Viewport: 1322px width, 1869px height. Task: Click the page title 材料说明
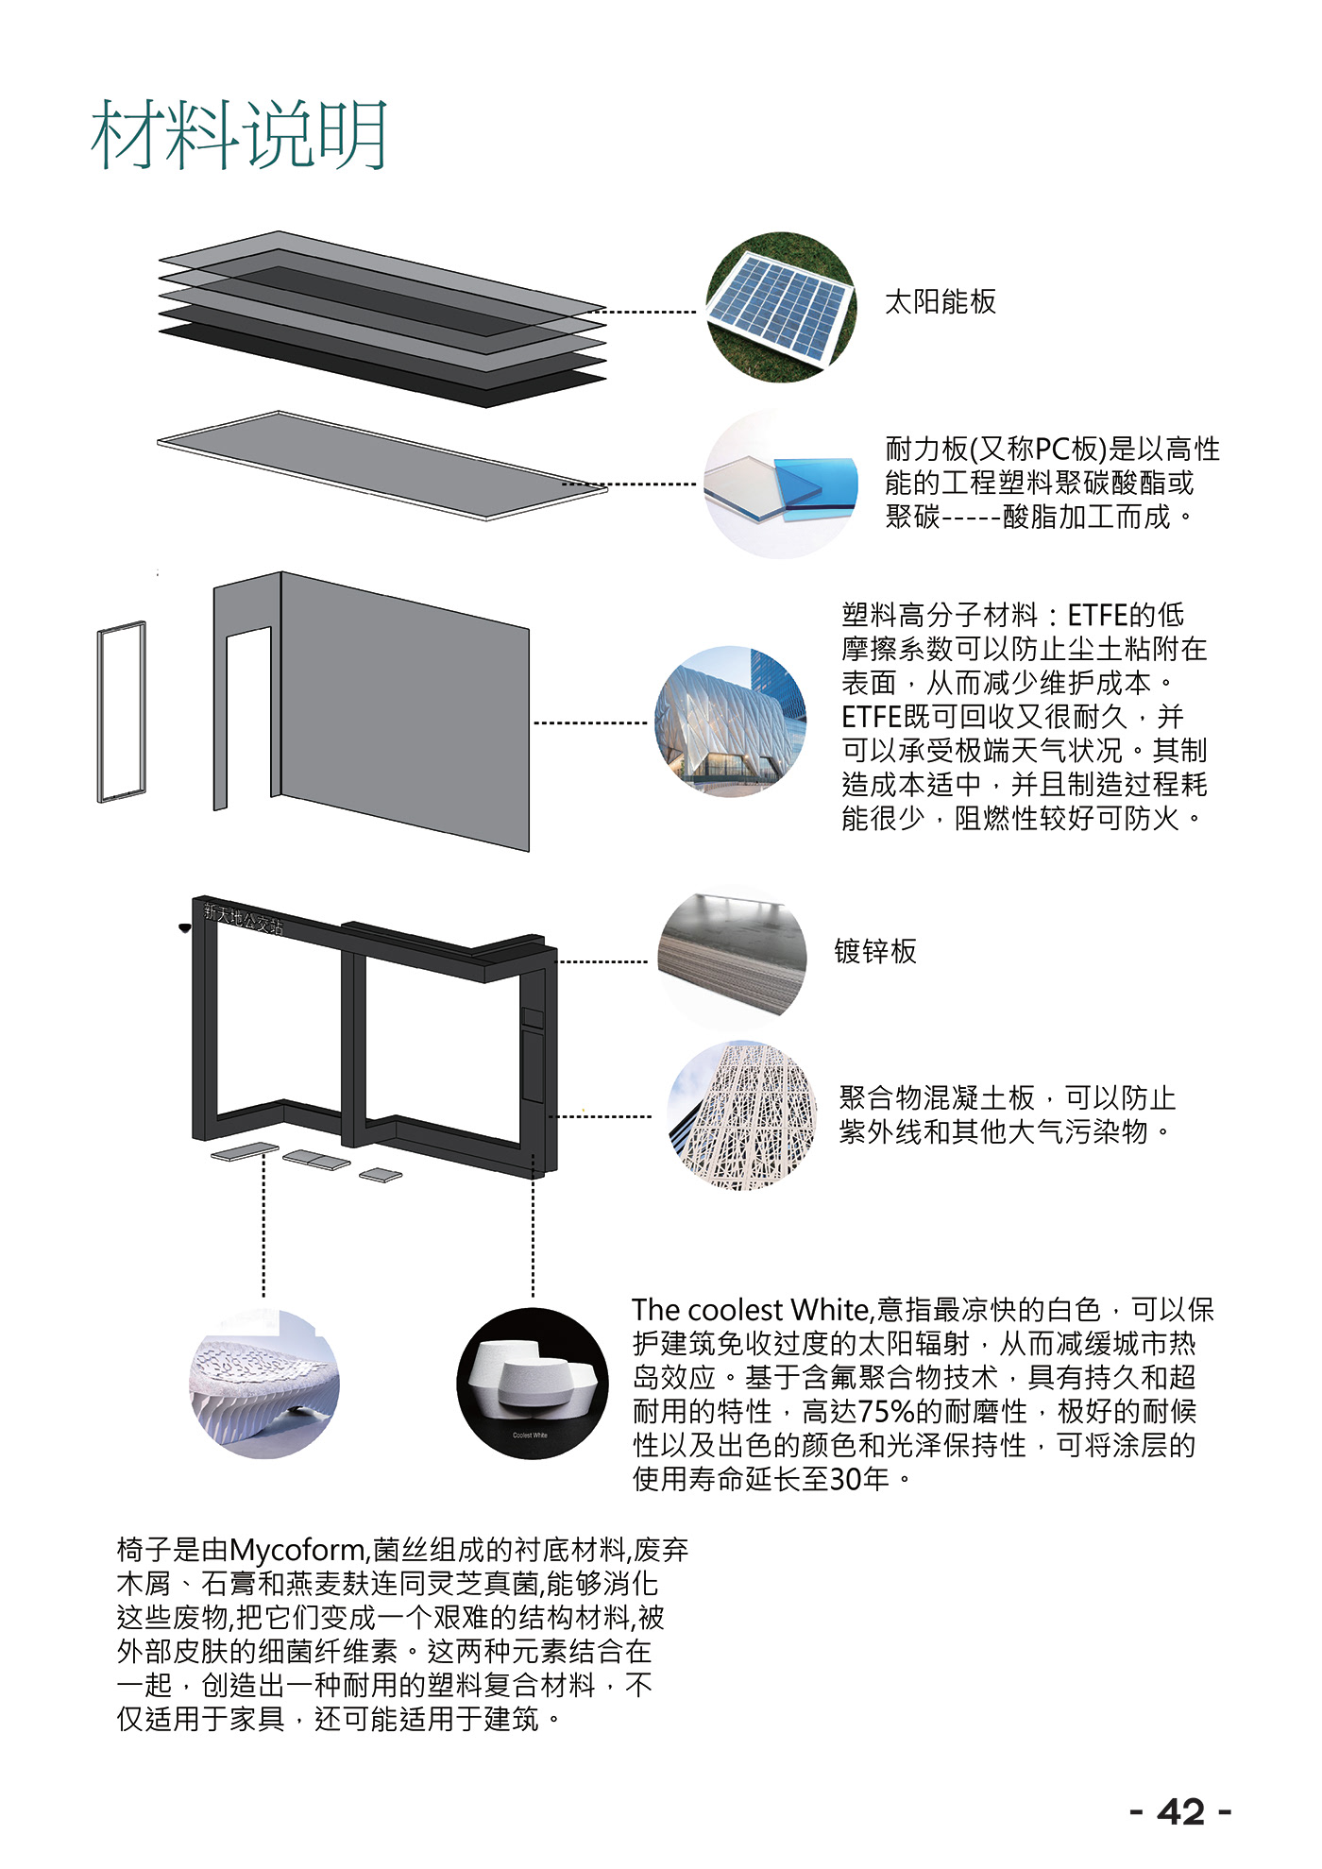239,135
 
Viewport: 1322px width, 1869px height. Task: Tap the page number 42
1180,1812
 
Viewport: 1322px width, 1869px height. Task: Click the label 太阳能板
940,302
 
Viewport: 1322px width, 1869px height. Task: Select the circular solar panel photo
781,307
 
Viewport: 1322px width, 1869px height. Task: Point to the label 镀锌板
874,951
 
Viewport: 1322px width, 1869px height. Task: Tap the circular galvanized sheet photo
732,958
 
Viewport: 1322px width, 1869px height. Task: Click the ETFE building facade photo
731,722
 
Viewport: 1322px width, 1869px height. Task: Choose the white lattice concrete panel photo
742,1116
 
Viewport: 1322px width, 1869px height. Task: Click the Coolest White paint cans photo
532,1383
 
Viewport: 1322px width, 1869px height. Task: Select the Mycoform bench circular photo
264,1383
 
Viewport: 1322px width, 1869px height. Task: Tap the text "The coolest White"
750,1310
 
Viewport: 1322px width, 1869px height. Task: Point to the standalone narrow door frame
122,711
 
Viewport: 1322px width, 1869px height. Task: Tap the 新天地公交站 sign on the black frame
244,918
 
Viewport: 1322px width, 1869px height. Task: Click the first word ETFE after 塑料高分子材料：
1096,616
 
